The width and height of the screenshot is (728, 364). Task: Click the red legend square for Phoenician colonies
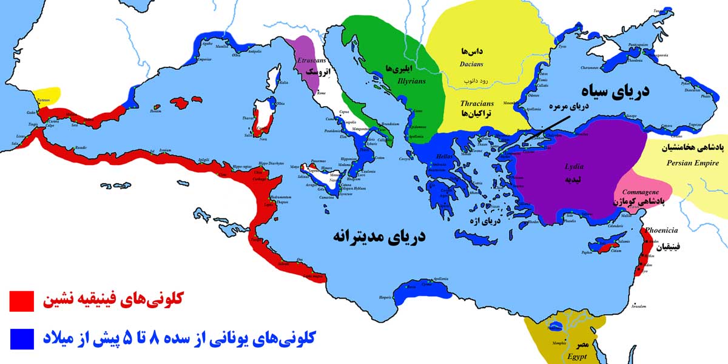click(x=21, y=300)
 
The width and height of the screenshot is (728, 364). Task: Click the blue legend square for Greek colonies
click(x=21, y=337)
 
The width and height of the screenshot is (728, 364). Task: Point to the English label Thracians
click(x=476, y=103)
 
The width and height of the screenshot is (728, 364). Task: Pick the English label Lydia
click(x=575, y=165)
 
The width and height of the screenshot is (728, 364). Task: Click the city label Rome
click(x=322, y=93)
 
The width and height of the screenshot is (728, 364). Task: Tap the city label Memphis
click(x=558, y=343)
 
